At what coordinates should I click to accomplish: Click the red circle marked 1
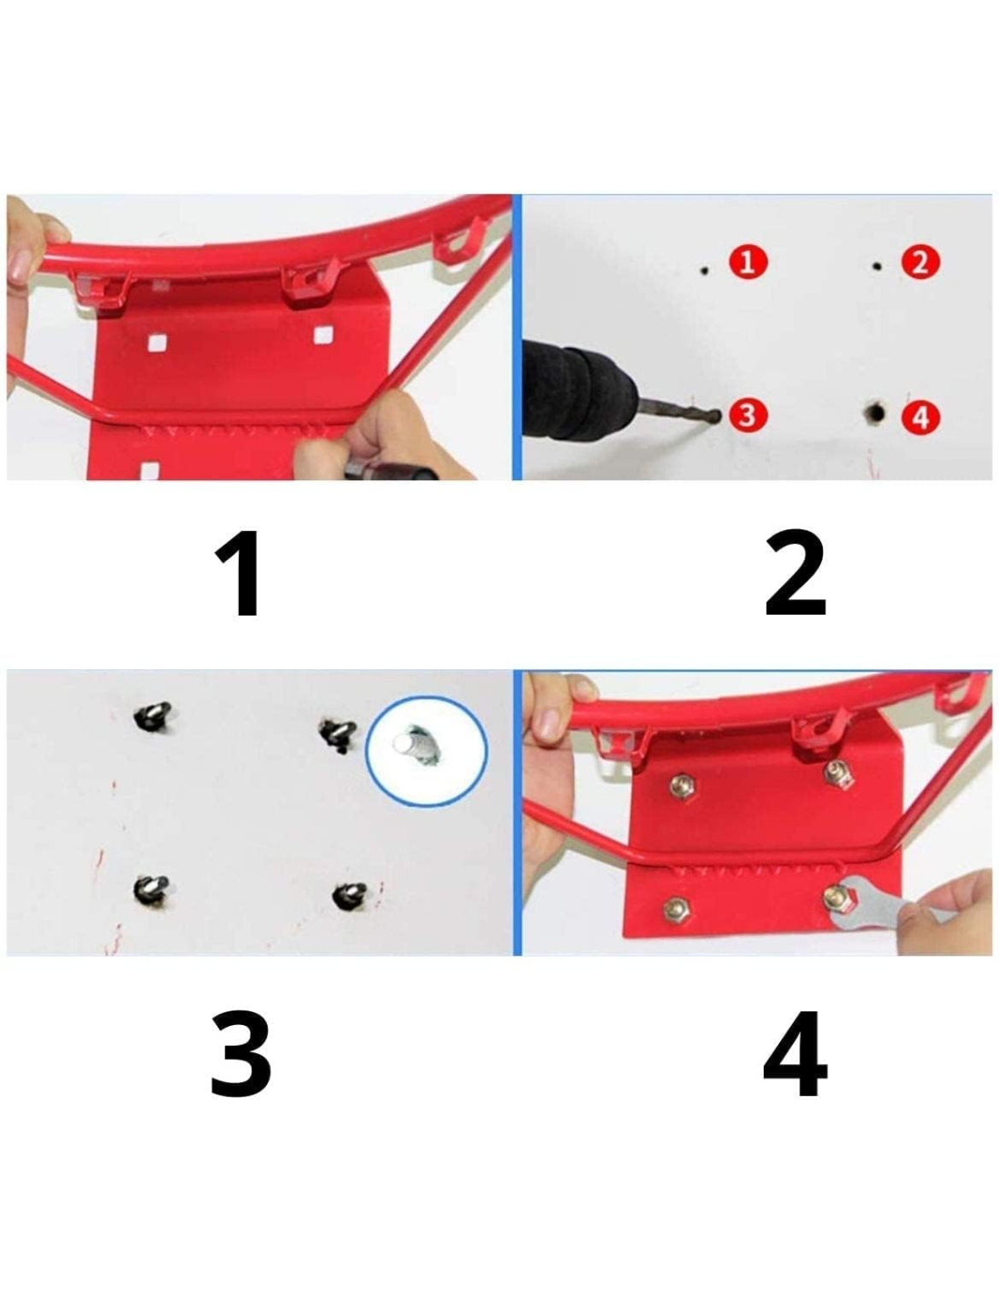[x=747, y=262]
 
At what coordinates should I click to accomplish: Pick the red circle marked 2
[x=920, y=262]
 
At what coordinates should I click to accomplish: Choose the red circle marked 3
[x=747, y=415]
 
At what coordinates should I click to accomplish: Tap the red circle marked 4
[x=920, y=417]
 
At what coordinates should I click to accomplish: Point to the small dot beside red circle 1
[x=704, y=271]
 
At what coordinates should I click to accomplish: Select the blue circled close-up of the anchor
[x=426, y=751]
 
